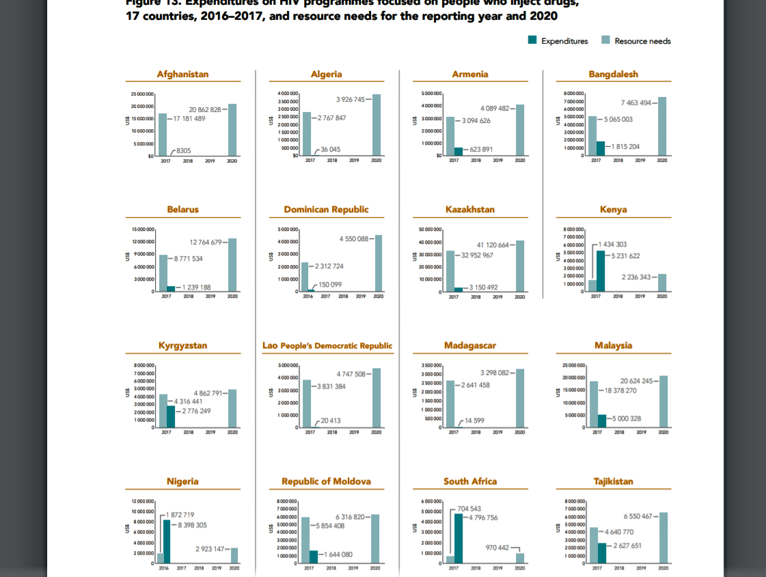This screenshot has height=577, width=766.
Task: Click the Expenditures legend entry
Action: (564, 41)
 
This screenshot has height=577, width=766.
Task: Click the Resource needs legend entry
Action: (642, 41)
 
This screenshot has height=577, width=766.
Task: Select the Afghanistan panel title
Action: (182, 74)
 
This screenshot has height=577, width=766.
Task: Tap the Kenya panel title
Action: (614, 209)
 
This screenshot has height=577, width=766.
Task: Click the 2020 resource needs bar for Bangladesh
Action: (662, 126)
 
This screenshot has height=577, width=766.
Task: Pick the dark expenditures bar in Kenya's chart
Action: (601, 270)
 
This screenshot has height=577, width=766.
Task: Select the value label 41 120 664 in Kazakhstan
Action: (493, 245)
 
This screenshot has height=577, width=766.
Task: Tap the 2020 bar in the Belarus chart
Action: (232, 264)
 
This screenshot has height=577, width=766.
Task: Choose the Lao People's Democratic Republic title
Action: (327, 346)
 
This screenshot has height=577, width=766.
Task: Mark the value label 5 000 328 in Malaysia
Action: (625, 419)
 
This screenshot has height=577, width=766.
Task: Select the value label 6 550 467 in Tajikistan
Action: (637, 516)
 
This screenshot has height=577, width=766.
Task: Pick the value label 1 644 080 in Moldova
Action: (338, 554)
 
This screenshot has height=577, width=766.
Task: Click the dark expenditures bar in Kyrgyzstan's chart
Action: (171, 416)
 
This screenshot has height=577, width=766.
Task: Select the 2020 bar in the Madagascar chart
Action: (520, 397)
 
